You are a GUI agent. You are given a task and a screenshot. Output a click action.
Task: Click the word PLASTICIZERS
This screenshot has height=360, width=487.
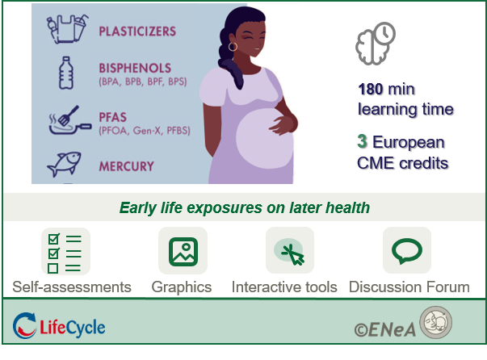(137, 31)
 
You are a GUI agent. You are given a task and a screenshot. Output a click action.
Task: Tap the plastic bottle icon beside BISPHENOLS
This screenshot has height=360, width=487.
(66, 73)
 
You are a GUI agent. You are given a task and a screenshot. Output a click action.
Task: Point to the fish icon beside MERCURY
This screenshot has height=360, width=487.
(65, 164)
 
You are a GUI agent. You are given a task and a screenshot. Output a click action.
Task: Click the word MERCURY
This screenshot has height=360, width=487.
(127, 166)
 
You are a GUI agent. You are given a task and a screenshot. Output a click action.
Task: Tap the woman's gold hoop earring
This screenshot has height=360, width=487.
(233, 47)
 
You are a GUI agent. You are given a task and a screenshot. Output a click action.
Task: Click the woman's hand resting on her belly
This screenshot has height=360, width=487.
(283, 123)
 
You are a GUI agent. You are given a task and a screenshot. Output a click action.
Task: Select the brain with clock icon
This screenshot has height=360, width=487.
(376, 43)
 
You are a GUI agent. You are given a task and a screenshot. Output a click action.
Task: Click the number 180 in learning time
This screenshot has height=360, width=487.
(370, 90)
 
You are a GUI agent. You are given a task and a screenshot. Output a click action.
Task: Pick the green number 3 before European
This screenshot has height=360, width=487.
(362, 141)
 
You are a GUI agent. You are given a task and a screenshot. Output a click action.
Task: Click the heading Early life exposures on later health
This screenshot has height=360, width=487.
(245, 208)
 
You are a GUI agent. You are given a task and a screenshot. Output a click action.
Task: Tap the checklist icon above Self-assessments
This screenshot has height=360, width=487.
(65, 251)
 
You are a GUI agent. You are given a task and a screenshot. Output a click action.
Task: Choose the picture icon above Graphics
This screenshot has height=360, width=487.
(183, 252)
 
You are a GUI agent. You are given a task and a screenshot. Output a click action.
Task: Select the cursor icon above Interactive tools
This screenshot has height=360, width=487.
(290, 251)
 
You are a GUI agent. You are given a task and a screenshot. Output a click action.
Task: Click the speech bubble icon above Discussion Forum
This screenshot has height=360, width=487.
(407, 251)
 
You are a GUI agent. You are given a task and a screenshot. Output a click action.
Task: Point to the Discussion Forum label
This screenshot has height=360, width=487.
(409, 287)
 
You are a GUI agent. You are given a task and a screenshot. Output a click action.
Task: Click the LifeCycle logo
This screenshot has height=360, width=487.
(59, 326)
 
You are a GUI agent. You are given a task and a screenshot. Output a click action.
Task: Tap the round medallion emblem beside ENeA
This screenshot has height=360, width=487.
(436, 322)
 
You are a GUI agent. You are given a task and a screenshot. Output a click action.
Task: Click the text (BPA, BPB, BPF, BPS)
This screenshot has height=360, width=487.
(143, 82)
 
